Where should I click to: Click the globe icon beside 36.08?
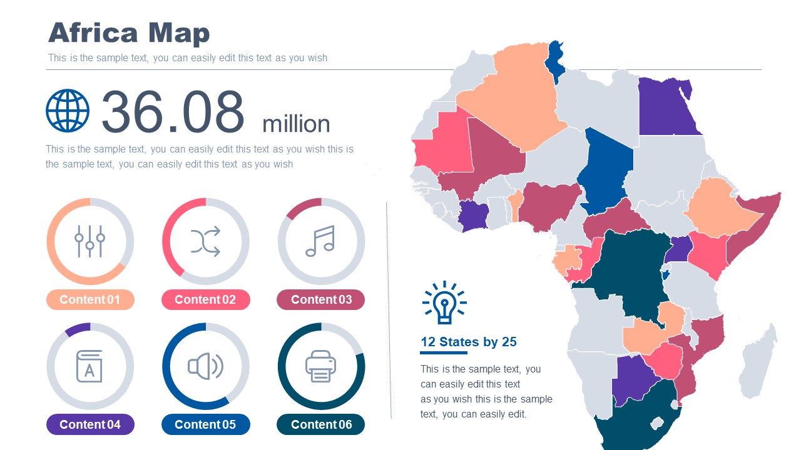pos(68,111)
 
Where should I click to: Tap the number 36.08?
pos(173,112)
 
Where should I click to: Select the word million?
pos(296,124)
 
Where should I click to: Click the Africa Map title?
pos(129,33)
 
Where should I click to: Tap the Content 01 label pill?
pos(90,300)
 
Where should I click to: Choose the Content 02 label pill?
pos(205,300)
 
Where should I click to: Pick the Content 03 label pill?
pos(321,300)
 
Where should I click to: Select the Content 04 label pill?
pos(90,425)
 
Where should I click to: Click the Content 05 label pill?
pos(205,425)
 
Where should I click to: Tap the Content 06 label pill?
pos(321,425)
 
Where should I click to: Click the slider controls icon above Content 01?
pos(90,241)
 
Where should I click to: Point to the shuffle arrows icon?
pos(205,241)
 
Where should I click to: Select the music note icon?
pos(320,241)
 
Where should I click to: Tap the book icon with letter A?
pos(89,366)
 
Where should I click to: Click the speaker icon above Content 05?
pos(205,366)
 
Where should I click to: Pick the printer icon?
pos(321,366)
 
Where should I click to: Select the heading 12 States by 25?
pos(469,342)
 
